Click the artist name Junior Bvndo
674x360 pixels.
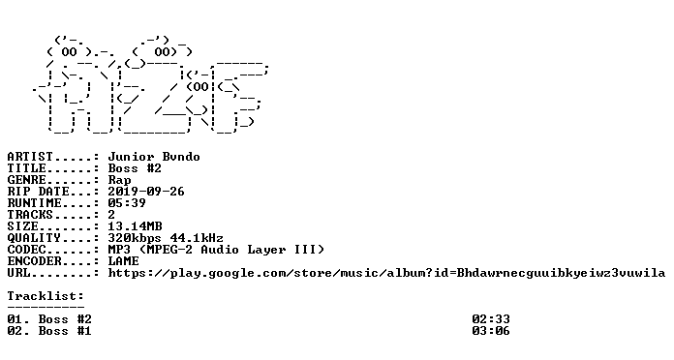[154, 157]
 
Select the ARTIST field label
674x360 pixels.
[30, 157]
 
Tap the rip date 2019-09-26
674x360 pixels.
[146, 192]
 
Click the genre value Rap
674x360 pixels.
[119, 180]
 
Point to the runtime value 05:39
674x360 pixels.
[127, 203]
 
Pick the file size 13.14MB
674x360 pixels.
[135, 226]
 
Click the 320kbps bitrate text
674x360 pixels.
[135, 238]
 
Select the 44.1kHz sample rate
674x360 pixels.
[197, 238]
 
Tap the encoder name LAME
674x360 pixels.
[123, 261]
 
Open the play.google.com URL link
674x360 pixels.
[386, 273]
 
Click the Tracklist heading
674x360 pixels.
[46, 296]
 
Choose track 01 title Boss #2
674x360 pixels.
[65, 319]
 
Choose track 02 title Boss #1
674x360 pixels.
[65, 331]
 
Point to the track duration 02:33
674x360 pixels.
[491, 319]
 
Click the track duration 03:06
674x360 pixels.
[491, 331]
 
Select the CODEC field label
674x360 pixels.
[26, 250]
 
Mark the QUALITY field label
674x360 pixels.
[34, 238]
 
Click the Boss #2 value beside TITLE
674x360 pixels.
[135, 168]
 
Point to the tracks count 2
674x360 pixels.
[111, 215]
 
